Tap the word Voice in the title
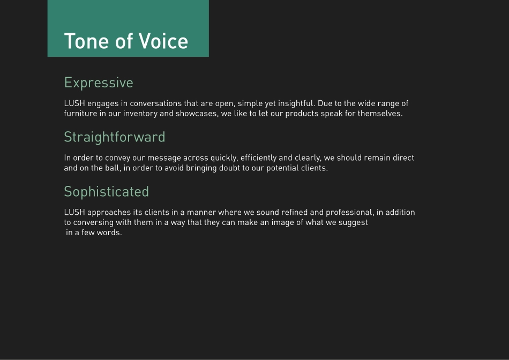click(163, 41)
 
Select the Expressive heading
click(99, 83)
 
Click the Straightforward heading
click(115, 137)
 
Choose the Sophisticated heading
click(107, 192)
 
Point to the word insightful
click(296, 103)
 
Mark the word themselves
click(380, 114)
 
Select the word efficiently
click(258, 158)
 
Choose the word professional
click(350, 213)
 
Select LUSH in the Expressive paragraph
click(74, 103)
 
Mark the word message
click(164, 159)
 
